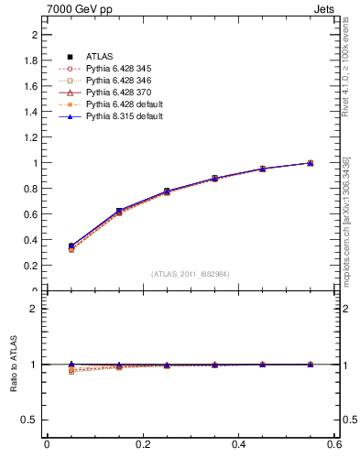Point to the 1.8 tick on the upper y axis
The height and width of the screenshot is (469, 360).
click(x=36, y=60)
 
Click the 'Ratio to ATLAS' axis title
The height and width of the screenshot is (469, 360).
click(x=15, y=365)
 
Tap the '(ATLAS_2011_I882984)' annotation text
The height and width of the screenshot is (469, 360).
click(x=191, y=274)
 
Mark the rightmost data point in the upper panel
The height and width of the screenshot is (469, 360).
click(x=310, y=163)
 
